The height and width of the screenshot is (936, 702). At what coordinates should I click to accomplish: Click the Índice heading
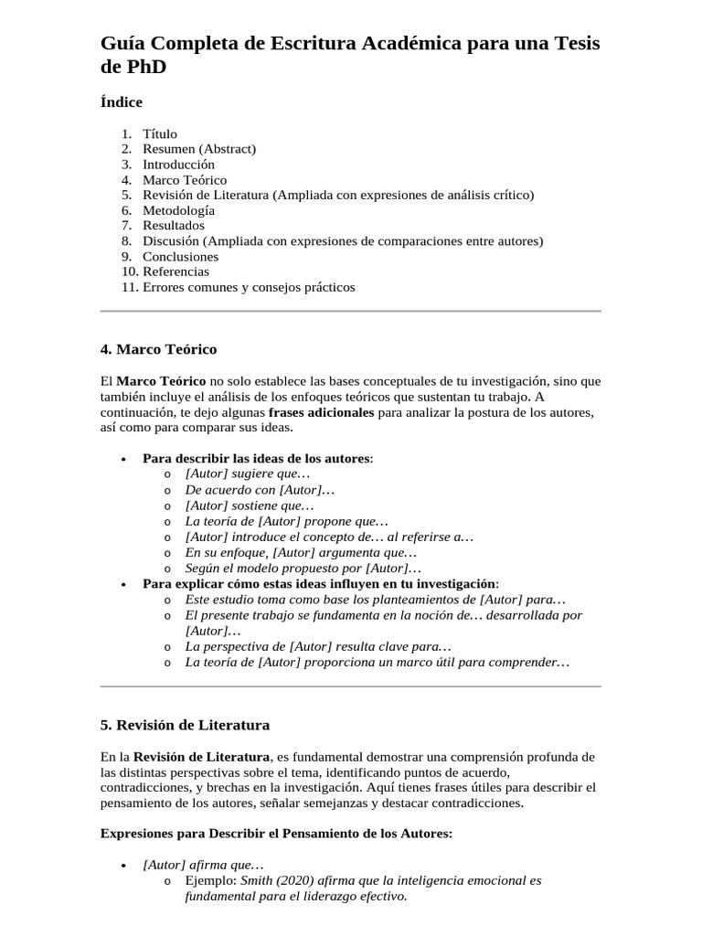click(121, 102)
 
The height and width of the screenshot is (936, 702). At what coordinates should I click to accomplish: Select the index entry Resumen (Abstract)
click(199, 149)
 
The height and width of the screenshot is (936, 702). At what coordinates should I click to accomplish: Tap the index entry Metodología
click(179, 210)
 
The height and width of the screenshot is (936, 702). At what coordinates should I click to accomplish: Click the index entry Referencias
click(175, 271)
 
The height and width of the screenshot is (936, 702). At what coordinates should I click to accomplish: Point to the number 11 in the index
click(128, 287)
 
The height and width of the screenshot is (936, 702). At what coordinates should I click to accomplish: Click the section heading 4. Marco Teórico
click(158, 349)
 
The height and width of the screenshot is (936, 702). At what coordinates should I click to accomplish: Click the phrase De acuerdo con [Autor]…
click(260, 490)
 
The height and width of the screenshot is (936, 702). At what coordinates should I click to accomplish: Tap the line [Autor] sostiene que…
click(249, 505)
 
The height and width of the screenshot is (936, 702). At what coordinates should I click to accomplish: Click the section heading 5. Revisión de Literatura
click(185, 725)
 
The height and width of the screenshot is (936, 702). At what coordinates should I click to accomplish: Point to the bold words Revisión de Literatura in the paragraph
click(201, 757)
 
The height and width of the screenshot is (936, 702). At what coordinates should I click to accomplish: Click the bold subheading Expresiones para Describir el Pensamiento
click(275, 834)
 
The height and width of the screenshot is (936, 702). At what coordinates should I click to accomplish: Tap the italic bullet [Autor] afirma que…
click(203, 865)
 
